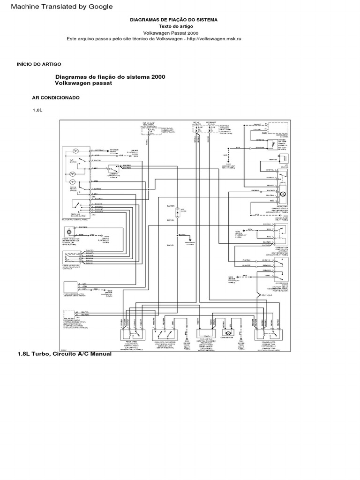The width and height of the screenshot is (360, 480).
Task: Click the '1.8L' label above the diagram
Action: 37,110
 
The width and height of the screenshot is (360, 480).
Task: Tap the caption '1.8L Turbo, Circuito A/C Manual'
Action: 64,353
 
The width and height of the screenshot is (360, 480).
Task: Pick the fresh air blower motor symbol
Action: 69,232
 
